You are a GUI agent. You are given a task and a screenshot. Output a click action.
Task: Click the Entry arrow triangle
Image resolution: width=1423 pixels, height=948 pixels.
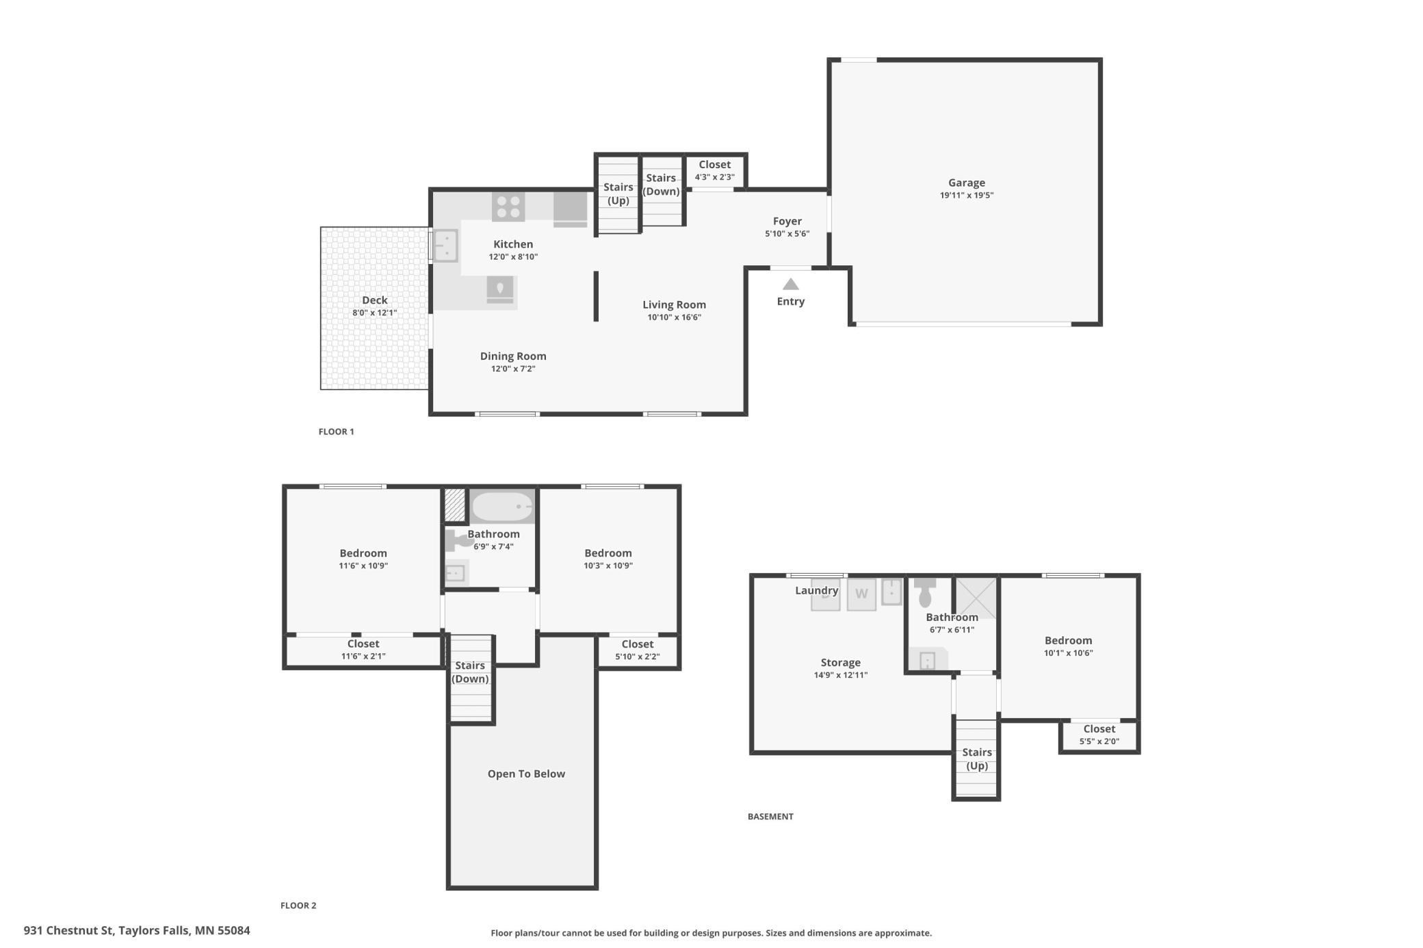(791, 284)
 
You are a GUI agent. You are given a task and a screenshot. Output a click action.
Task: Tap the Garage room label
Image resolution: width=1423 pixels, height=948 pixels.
(967, 183)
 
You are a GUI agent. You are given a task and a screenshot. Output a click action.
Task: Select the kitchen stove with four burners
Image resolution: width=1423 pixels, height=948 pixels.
(508, 207)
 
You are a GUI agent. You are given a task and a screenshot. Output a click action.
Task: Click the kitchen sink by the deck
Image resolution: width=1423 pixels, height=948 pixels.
(445, 246)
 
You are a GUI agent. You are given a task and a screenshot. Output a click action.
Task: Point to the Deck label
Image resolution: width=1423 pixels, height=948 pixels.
(375, 300)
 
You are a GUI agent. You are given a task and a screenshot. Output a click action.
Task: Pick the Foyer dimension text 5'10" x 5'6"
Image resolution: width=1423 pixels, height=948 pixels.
(787, 234)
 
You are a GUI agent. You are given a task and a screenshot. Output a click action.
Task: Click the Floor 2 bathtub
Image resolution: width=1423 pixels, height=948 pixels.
(502, 507)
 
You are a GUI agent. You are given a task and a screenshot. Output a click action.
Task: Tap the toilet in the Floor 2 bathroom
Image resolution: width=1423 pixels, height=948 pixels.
(459, 540)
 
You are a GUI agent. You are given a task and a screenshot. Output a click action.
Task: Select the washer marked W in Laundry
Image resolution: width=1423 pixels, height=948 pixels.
(861, 594)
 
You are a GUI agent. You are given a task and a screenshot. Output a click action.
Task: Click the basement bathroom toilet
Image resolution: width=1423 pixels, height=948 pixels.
(925, 592)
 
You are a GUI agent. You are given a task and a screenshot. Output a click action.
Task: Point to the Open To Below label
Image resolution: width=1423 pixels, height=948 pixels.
(526, 774)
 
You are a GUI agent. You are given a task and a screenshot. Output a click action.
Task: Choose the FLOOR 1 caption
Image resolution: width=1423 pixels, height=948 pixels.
(337, 432)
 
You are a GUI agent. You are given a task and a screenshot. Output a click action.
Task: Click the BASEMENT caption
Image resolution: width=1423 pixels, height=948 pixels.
(770, 816)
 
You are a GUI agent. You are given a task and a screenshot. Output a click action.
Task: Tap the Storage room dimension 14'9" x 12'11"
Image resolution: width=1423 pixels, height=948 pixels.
(841, 675)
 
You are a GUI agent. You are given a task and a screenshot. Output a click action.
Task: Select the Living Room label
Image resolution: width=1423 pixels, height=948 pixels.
(674, 305)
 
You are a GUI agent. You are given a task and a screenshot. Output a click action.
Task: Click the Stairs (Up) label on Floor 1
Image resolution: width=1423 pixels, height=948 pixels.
(618, 194)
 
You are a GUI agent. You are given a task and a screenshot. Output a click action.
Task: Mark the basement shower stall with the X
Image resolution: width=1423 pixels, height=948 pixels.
(976, 598)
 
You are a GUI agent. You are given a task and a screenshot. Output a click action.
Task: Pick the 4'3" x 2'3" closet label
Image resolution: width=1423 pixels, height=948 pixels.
(715, 177)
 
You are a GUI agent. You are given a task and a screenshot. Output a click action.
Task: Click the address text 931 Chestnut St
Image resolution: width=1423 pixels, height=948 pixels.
(68, 930)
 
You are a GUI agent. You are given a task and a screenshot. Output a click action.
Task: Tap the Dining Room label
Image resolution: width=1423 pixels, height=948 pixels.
(513, 356)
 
